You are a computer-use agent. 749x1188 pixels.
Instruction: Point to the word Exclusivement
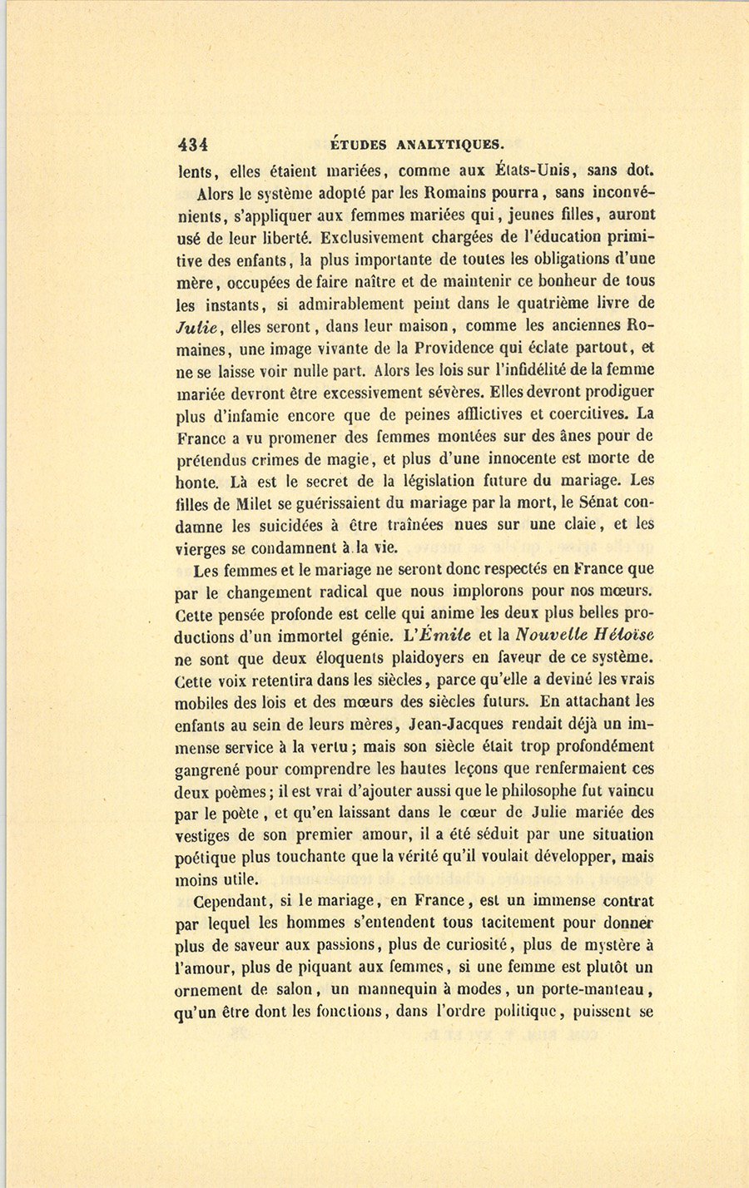(370, 237)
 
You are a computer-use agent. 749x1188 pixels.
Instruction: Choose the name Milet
(238, 503)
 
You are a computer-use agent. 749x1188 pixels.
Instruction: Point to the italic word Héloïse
(613, 636)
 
